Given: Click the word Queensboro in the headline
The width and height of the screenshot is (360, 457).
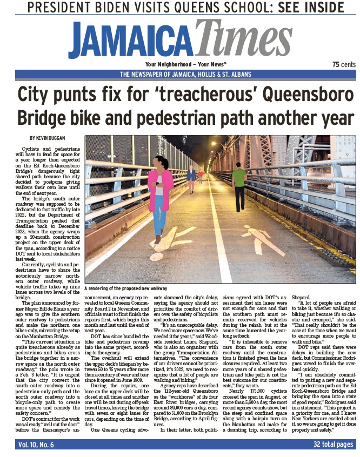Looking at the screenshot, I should (x=307, y=95).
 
